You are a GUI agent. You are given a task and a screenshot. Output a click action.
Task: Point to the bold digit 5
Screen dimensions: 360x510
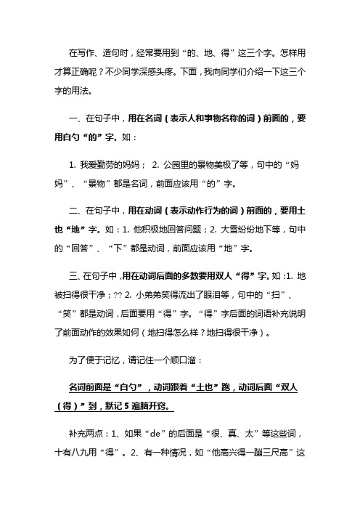[181, 402]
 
